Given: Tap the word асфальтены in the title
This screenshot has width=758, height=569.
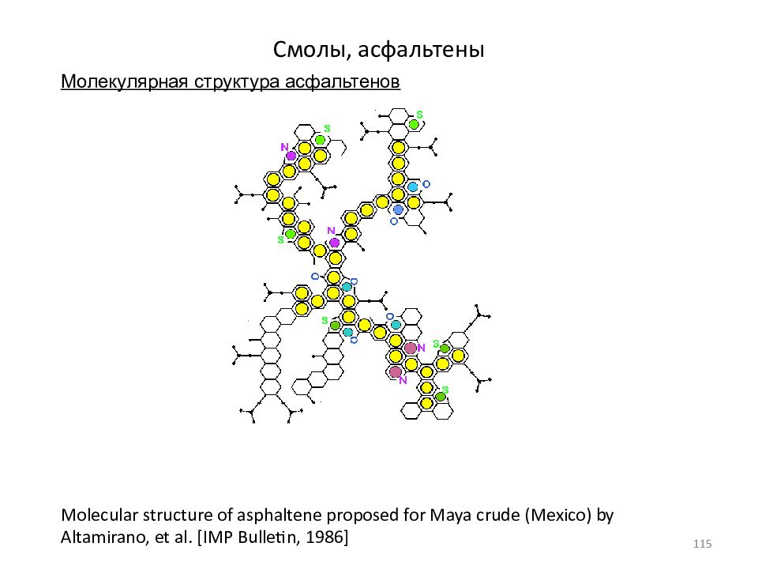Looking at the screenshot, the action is coord(421,49).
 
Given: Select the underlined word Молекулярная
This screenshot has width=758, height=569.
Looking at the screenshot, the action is coord(125,81).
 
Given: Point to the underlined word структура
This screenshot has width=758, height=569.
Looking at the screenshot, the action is coord(237,82).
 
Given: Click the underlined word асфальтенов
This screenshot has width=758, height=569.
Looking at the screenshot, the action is coord(342,81).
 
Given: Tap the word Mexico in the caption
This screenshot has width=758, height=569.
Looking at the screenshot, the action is coord(558,514).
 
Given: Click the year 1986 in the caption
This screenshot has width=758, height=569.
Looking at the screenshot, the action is coord(326,537).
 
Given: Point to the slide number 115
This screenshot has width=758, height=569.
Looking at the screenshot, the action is coord(702,544).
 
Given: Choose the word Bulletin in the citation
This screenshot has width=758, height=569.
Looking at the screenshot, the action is coord(268,537).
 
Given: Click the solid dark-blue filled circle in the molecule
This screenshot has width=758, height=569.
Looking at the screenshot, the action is coord(398,209).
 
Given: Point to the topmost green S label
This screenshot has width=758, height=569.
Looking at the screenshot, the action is coord(419,115).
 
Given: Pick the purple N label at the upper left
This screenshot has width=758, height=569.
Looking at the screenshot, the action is coord(284,147).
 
